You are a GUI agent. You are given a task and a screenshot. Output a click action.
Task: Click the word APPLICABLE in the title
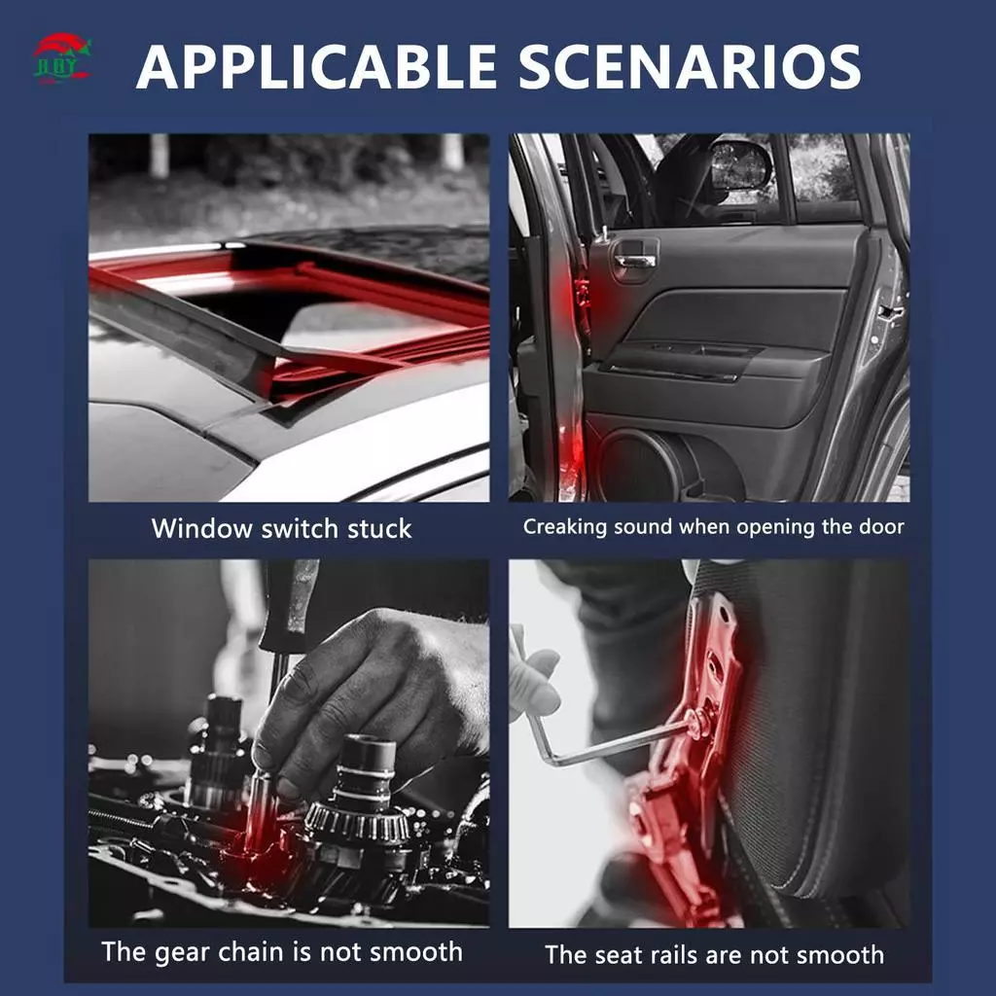pyautogui.click(x=316, y=66)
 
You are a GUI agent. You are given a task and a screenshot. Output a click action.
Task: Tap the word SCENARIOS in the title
pyautogui.click(x=690, y=66)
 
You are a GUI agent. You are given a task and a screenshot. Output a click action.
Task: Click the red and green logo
pyautogui.click(x=61, y=58)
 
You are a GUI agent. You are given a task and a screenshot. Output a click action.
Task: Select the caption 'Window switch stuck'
pyautogui.click(x=281, y=528)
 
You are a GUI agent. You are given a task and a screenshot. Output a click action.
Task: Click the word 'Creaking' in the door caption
pyautogui.click(x=565, y=527)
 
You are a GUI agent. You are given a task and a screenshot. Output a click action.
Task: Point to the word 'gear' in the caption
pyautogui.click(x=184, y=953)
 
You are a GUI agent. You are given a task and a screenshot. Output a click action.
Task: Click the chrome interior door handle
pyautogui.click(x=634, y=261)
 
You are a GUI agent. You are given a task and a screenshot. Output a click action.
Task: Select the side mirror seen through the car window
pyautogui.click(x=739, y=167)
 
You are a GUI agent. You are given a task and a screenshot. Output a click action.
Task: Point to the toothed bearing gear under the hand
pyautogui.click(x=356, y=823)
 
